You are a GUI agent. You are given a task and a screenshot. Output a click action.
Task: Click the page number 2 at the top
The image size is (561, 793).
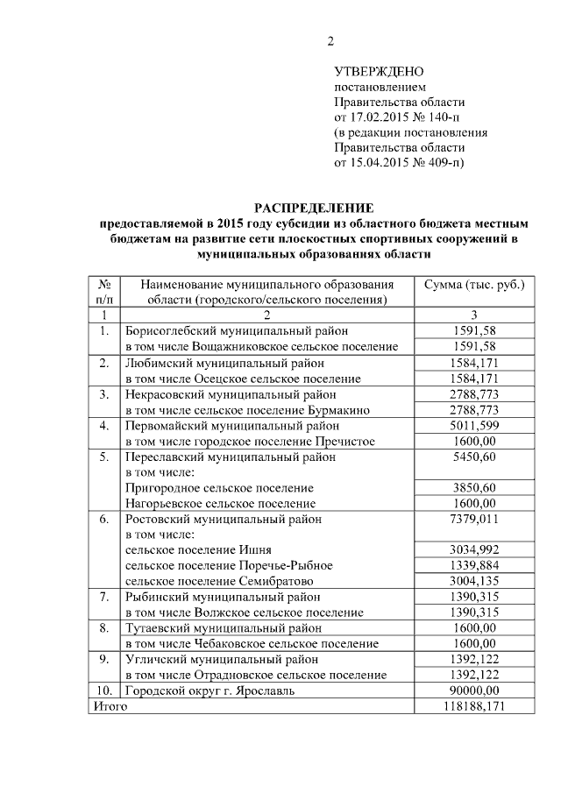[x=330, y=40]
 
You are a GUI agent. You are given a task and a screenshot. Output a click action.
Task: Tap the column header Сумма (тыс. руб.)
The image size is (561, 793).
[x=474, y=285]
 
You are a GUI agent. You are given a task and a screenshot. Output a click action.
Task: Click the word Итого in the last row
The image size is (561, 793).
[x=110, y=707]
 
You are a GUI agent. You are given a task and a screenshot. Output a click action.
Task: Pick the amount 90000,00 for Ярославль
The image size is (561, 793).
[x=474, y=691]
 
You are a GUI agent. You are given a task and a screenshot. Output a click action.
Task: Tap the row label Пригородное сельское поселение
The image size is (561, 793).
[x=219, y=487]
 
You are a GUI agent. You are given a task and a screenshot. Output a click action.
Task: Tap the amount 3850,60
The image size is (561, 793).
[x=474, y=487]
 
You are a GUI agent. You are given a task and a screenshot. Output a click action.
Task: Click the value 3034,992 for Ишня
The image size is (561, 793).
[x=474, y=550]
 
